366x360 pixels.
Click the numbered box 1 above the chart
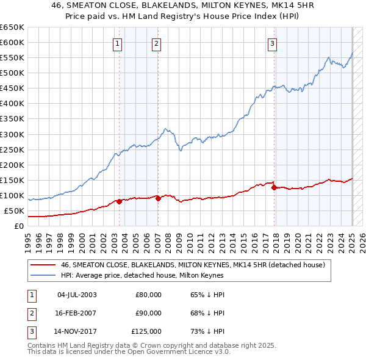117,43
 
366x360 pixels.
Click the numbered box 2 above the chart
157,43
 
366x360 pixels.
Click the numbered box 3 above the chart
272,43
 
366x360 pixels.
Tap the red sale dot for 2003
120,201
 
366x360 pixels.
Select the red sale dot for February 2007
158,198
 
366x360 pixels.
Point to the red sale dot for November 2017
274,187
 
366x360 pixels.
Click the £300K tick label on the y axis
12,134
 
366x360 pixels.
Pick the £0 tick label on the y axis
19,226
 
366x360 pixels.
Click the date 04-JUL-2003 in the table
76,295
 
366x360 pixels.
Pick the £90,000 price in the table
148,313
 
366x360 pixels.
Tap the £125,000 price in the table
146,331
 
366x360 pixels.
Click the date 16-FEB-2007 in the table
76,313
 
